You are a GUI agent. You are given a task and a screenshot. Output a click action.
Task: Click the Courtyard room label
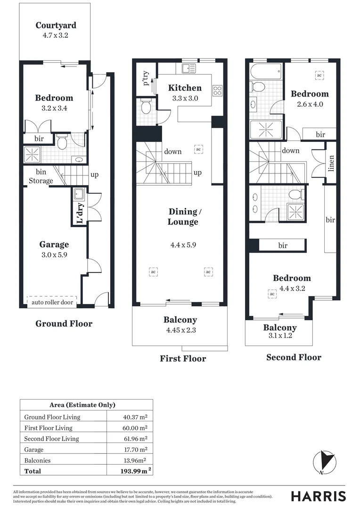pyautogui.click(x=56, y=25)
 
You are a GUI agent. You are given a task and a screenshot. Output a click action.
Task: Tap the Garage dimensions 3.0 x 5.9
pyautogui.click(x=54, y=254)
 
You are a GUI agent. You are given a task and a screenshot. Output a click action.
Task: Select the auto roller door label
pyautogui.click(x=52, y=302)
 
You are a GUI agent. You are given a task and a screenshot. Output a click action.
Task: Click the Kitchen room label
pyautogui.click(x=185, y=88)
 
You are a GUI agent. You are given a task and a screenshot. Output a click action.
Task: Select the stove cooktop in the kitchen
pyautogui.click(x=217, y=90)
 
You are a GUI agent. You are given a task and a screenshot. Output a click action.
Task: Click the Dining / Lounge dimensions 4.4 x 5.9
pyautogui.click(x=183, y=245)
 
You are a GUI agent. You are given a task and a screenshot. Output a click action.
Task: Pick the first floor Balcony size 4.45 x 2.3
pyautogui.click(x=180, y=330)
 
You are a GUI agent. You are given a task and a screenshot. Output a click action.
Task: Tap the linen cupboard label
pyautogui.click(x=331, y=163)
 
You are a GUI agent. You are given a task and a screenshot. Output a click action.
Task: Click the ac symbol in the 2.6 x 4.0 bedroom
pyautogui.click(x=319, y=75)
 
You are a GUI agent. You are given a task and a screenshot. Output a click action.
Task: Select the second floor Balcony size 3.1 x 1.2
pyautogui.click(x=280, y=336)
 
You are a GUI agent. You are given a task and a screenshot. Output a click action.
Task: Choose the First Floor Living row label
pyautogui.click(x=49, y=428)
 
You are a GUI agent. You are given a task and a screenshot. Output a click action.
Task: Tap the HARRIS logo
pyautogui.click(x=318, y=496)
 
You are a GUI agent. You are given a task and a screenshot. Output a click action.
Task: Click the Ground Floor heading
pyautogui.click(x=64, y=324)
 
